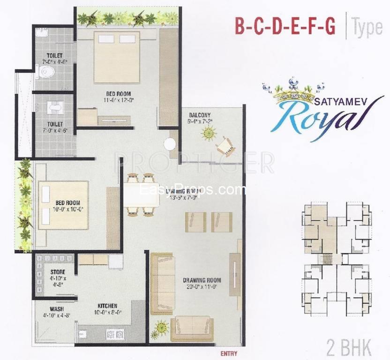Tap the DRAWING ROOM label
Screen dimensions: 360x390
point(202,281)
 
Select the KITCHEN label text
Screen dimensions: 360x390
point(107,306)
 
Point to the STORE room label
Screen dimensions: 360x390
point(58,272)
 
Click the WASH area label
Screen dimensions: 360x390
point(57,309)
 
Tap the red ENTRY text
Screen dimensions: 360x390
point(228,353)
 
